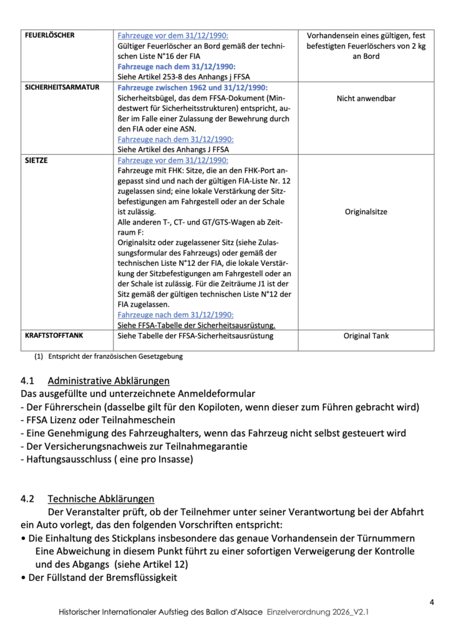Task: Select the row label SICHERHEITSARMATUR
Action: pos(62,87)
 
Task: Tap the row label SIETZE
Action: pos(36,160)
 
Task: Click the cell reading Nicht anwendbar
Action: pos(366,99)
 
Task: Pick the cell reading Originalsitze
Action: pos(366,212)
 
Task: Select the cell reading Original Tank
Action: pos(366,336)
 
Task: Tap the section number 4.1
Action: pos(28,381)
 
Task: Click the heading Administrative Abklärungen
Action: pos(109,381)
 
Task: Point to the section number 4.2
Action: pos(28,499)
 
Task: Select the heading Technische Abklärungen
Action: pos(101,499)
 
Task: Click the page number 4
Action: pos(432,602)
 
